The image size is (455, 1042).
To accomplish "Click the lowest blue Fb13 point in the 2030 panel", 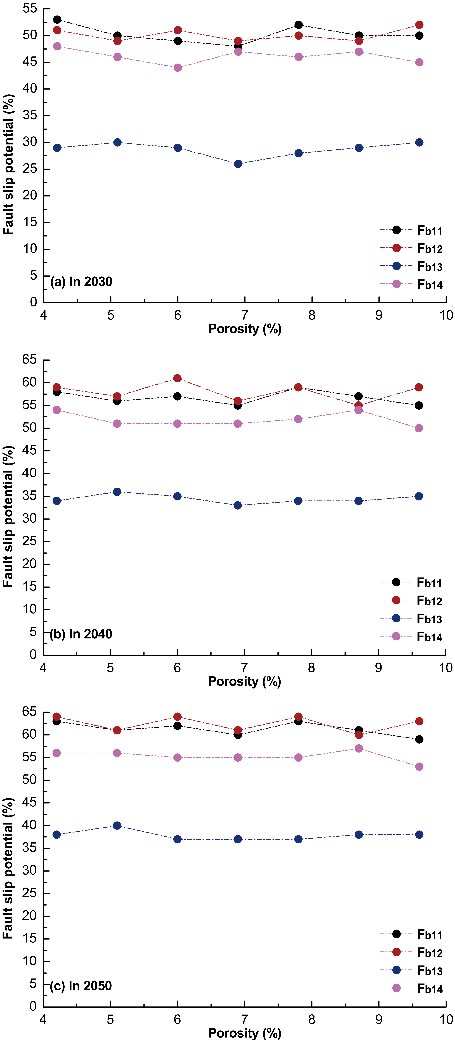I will point(238,164).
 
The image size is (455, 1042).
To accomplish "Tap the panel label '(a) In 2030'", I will point(81,282).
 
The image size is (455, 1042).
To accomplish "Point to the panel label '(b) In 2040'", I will point(81,634).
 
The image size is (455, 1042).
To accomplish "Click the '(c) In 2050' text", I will point(81,986).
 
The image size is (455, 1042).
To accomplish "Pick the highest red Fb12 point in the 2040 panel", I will point(177,378).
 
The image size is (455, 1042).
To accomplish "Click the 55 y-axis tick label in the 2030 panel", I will point(30,9).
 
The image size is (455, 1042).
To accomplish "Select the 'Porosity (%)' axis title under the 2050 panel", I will point(245,1033).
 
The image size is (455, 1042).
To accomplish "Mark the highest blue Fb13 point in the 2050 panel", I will point(117,826).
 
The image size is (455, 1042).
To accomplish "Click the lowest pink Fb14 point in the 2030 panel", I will point(178,68).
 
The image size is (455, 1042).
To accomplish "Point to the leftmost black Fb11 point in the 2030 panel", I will point(57,19).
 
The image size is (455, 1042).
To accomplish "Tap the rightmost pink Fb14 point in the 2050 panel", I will point(419,767).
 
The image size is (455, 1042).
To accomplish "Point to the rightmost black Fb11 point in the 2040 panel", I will point(419,405).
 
